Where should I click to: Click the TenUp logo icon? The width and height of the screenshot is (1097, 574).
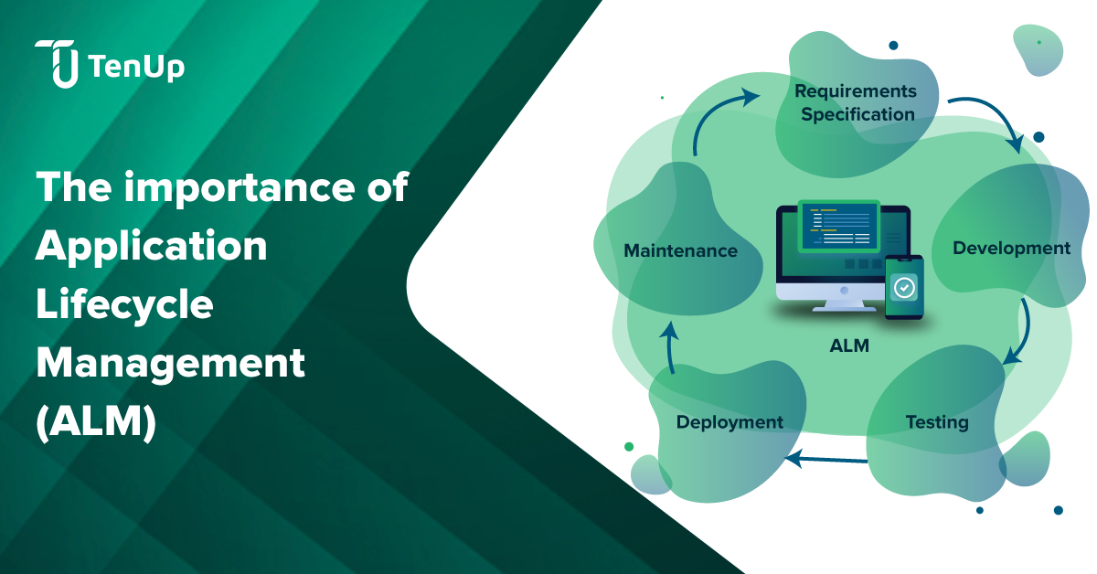57,64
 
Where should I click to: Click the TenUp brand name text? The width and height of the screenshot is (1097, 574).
137,66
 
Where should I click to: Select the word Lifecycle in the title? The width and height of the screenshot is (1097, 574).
124,305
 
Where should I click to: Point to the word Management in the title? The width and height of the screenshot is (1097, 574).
169,364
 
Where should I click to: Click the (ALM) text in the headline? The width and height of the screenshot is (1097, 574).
96,422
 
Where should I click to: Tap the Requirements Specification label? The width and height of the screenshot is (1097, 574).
856,102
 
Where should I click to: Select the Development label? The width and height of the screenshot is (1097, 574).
1011,248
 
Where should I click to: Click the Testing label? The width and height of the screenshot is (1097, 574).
937,422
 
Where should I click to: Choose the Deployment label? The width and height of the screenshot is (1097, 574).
730,421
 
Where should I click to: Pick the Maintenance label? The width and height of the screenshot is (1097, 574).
680,250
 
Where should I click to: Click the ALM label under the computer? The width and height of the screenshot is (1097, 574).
849,346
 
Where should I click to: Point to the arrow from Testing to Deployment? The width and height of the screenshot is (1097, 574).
827,460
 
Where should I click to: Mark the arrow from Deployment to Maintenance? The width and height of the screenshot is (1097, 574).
670,347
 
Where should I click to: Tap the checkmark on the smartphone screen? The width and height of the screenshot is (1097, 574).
904,288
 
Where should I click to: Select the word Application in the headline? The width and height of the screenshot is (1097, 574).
152,247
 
